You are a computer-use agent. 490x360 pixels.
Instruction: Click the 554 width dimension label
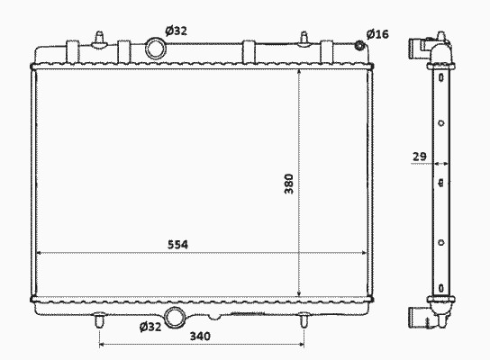click(177, 245)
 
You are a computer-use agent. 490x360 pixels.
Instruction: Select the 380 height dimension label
click(289, 184)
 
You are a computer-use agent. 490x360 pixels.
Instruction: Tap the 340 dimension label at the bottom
click(200, 337)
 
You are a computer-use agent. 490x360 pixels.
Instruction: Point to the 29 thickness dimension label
click(420, 157)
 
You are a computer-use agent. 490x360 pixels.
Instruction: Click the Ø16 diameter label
click(377, 34)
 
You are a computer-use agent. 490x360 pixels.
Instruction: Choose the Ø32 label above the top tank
click(177, 31)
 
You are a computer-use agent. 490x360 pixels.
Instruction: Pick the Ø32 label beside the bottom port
click(150, 327)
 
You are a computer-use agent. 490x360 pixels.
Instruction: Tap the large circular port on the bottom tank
click(174, 318)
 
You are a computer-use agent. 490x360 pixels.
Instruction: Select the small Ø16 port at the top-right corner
click(360, 46)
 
